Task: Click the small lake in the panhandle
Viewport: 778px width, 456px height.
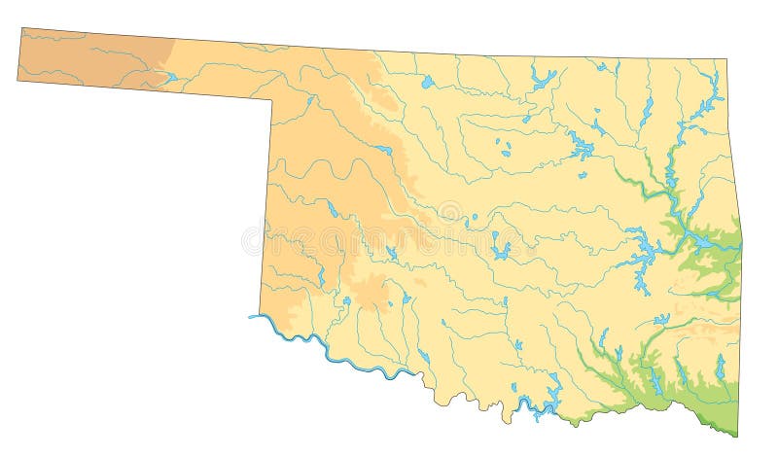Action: (171, 77)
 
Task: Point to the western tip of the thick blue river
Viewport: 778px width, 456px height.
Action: (251, 316)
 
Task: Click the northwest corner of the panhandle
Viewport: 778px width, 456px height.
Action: (20, 28)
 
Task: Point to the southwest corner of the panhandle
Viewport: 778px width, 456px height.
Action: (18, 80)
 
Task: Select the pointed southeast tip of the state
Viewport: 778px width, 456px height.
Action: (737, 437)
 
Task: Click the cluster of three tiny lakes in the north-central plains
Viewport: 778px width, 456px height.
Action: (504, 150)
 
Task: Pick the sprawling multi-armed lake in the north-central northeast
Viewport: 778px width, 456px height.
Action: (582, 147)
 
